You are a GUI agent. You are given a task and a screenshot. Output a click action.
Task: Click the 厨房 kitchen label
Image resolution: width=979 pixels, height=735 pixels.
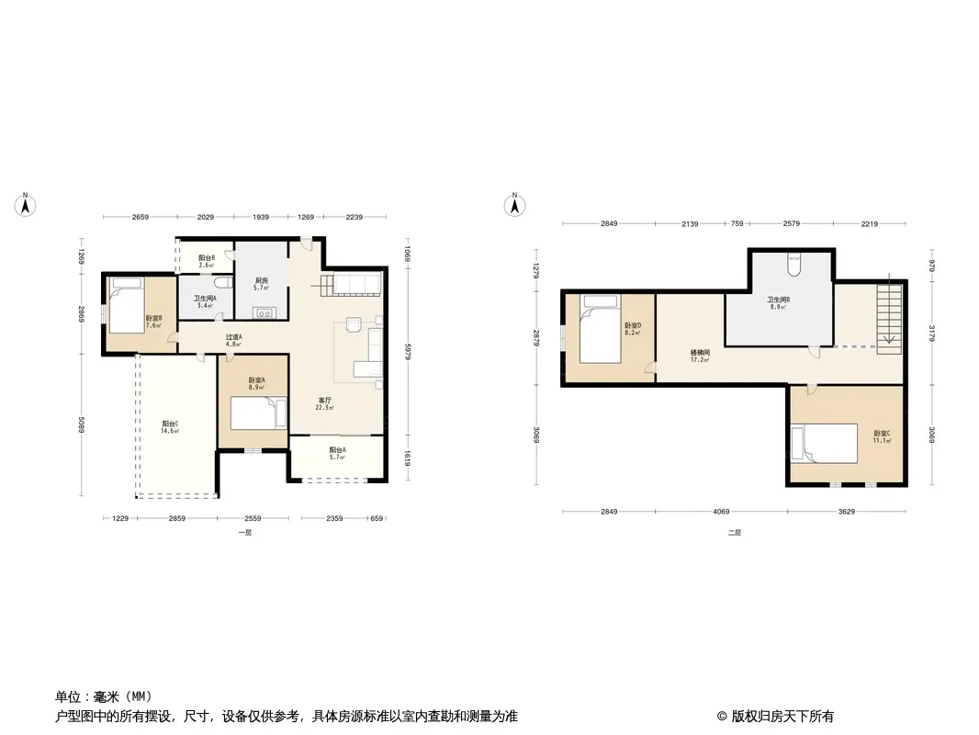pos(260,282)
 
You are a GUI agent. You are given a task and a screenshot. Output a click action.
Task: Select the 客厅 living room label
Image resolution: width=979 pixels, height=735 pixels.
pos(326,401)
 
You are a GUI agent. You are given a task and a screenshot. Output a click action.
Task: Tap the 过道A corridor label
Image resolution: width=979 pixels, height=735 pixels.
pos(234,338)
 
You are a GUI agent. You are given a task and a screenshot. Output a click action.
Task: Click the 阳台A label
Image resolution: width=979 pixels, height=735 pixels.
pos(337,450)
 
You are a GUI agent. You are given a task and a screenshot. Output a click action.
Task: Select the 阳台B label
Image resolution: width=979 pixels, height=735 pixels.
pos(207,259)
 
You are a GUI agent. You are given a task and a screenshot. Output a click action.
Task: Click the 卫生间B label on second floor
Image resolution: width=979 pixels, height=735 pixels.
pos(779,300)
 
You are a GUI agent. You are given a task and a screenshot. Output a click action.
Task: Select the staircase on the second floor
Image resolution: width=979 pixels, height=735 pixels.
pos(887,317)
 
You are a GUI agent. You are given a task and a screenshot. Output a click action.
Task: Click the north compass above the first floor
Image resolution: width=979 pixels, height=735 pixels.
pos(27,205)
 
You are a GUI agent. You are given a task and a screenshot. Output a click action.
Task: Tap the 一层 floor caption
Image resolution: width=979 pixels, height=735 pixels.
pos(244,533)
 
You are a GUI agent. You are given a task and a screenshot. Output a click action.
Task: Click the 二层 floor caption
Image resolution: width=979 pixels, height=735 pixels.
pos(734,533)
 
